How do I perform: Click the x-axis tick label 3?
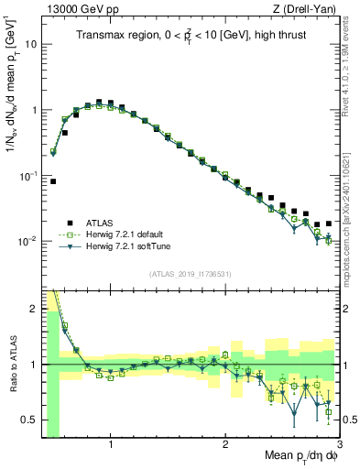point(339,445)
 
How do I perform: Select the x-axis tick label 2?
point(225,445)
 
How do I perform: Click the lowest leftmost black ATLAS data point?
point(53,181)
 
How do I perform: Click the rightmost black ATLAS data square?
point(328,223)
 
